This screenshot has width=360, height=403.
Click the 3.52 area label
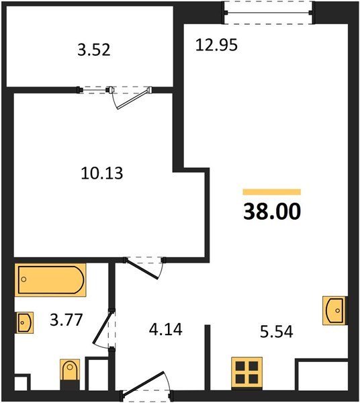pyautogui.click(x=94, y=50)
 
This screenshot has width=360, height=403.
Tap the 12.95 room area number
pyautogui.click(x=216, y=45)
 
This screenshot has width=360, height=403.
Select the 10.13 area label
pyautogui.click(x=102, y=173)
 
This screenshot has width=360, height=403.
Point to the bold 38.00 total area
pyautogui.click(x=272, y=212)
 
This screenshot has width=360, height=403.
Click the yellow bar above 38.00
pyautogui.click(x=272, y=192)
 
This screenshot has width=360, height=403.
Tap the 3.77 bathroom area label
pyautogui.click(x=66, y=320)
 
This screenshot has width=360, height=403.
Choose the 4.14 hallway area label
pyautogui.click(x=166, y=329)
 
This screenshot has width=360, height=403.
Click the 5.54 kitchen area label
pyautogui.click(x=277, y=331)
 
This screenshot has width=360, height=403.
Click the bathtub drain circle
pyautogui.click(x=24, y=279)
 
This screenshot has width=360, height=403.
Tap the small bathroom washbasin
pyautogui.click(x=24, y=322)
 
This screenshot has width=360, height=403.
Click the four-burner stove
pyautogui.click(x=246, y=373)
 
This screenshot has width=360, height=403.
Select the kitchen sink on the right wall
pyautogui.click(x=335, y=310)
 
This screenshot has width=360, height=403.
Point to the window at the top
pyautogui.click(x=268, y=13)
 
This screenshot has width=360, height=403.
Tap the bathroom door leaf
pyautogui.click(x=102, y=327)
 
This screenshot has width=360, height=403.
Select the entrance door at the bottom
pyautogui.click(x=143, y=383)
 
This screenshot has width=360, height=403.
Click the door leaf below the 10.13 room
pyautogui.click(x=142, y=269)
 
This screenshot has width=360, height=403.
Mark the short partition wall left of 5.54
pyautogui.click(x=208, y=358)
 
